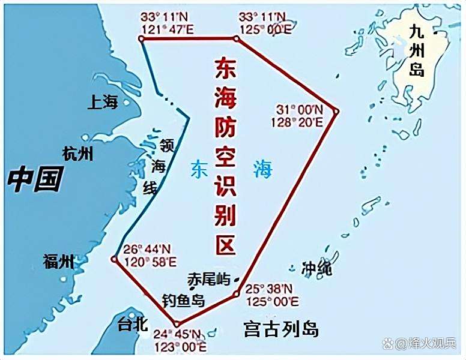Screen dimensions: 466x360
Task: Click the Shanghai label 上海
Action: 103,103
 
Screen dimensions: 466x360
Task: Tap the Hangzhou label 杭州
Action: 78,154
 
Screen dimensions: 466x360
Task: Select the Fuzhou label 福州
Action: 59,262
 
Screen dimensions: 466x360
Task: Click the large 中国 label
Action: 36,179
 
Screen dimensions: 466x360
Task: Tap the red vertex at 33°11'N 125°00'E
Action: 237,38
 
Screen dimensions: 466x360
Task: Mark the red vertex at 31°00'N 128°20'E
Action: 336,112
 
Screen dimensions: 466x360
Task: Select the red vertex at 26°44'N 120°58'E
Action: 114,259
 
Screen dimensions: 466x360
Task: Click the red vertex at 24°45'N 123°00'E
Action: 176,324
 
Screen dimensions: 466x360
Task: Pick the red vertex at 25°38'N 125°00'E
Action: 237,294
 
